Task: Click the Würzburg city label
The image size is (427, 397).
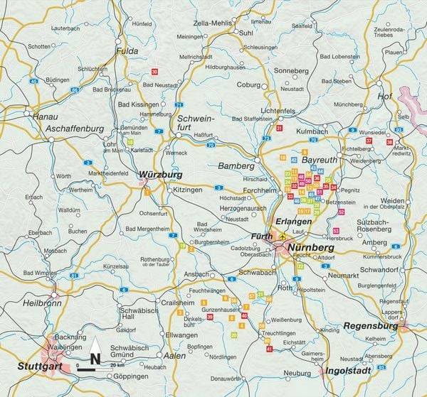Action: pos(161,174)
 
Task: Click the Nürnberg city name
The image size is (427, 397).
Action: pos(311,248)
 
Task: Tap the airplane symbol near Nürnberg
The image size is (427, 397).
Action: pos(283,236)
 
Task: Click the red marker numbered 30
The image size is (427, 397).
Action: pos(154,72)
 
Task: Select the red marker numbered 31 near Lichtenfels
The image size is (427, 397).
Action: pos(280,129)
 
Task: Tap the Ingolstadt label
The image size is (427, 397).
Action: pos(349,371)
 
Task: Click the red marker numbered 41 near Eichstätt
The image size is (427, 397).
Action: pos(269,349)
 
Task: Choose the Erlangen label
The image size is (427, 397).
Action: pos(294,221)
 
